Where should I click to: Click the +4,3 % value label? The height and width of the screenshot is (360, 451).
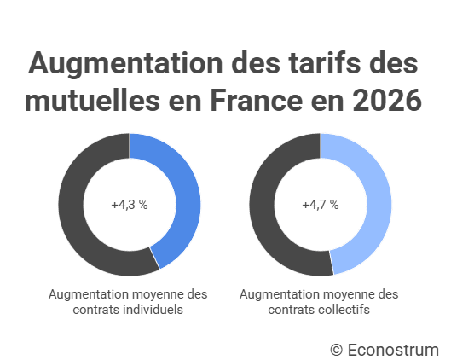click(129, 205)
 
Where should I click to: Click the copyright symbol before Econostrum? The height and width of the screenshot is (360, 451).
click(337, 349)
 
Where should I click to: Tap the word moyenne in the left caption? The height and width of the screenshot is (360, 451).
click(155, 294)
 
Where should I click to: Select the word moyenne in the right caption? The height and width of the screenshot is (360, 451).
click(345, 294)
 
